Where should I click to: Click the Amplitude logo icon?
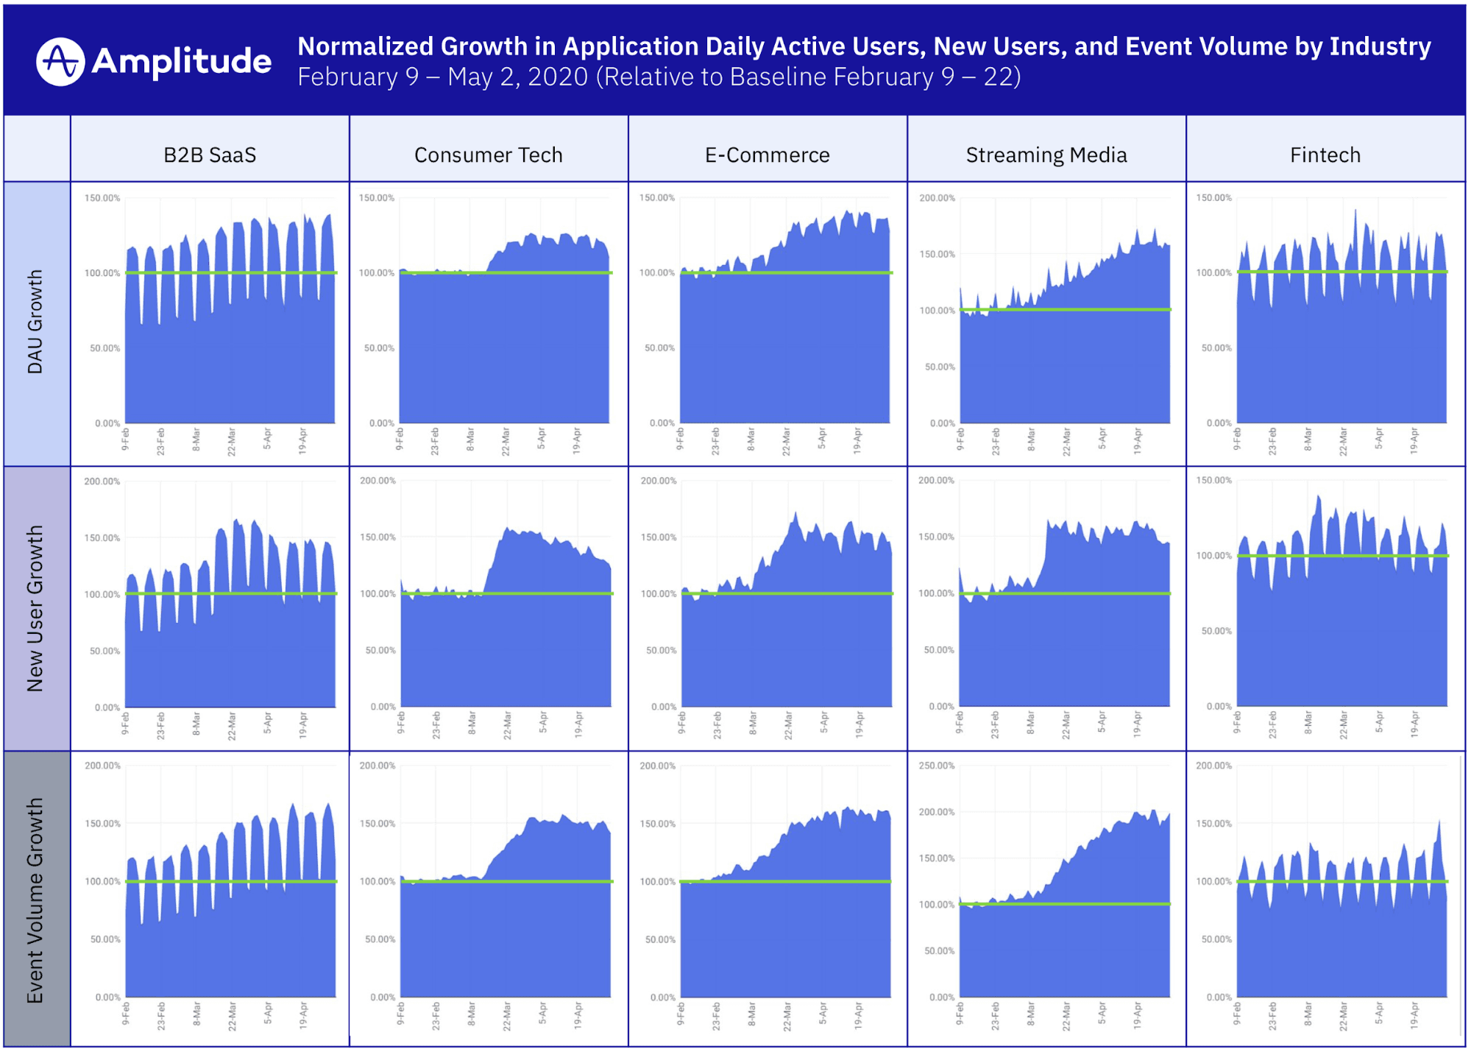coord(60,62)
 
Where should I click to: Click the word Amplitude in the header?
coord(181,61)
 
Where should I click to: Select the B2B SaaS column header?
coord(210,155)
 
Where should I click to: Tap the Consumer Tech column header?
coord(489,155)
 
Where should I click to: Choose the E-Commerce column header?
coord(768,155)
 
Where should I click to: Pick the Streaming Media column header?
coord(1046,155)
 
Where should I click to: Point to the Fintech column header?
coord(1325,155)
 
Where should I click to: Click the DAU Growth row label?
coord(35,322)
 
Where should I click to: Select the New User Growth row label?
coord(35,608)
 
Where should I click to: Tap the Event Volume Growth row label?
coord(35,900)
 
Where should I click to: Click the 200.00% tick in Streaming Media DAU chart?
coord(937,198)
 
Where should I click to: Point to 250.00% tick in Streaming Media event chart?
coord(937,766)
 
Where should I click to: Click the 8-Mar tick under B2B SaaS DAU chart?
coord(196,439)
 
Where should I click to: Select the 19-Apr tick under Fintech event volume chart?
coord(1414,1014)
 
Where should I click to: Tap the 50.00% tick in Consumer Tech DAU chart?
coord(379,348)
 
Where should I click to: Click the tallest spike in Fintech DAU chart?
coord(1355,211)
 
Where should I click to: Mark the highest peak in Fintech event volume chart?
coord(1439,822)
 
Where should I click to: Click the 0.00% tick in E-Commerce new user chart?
coord(664,707)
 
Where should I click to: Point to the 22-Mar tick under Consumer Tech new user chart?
coord(507,724)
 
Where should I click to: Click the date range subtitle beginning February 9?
coord(659,77)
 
